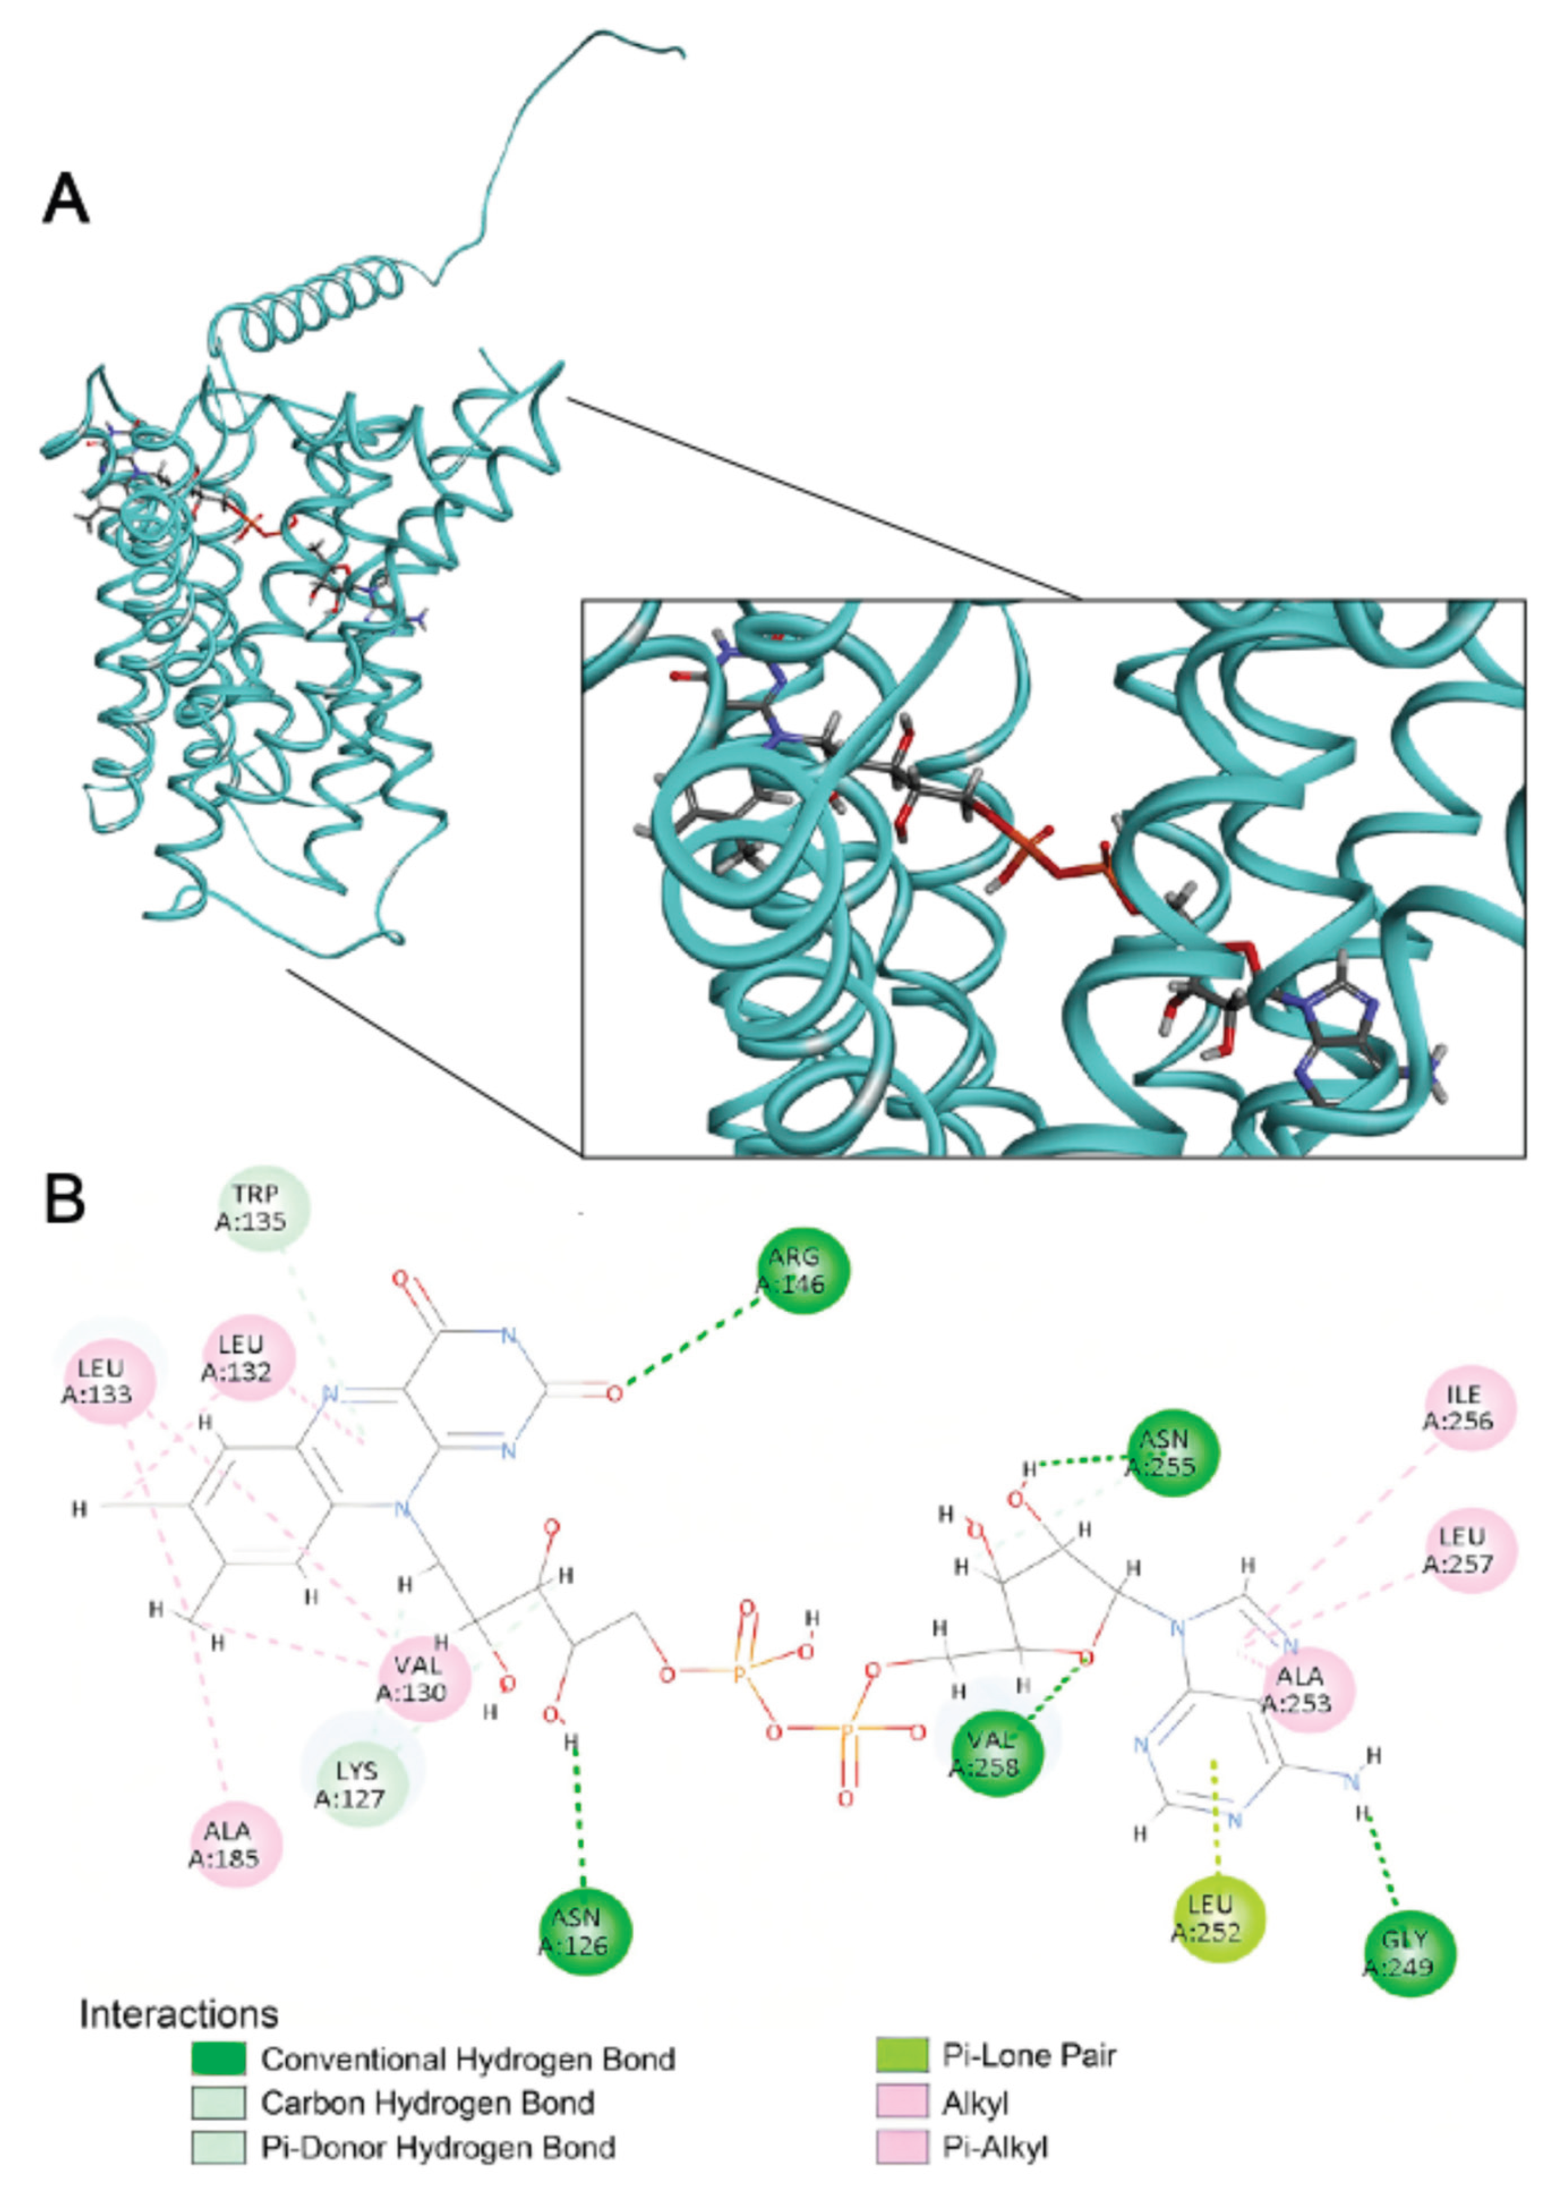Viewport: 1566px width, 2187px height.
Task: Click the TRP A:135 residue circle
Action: pyautogui.click(x=262, y=1208)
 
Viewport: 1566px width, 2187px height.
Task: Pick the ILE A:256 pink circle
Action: pyautogui.click(x=1469, y=1407)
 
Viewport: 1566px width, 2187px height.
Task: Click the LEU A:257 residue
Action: pyautogui.click(x=1469, y=1549)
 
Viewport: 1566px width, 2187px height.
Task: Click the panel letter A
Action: pyautogui.click(x=66, y=200)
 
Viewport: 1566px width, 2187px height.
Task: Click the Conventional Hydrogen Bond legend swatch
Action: pyautogui.click(x=218, y=2060)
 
